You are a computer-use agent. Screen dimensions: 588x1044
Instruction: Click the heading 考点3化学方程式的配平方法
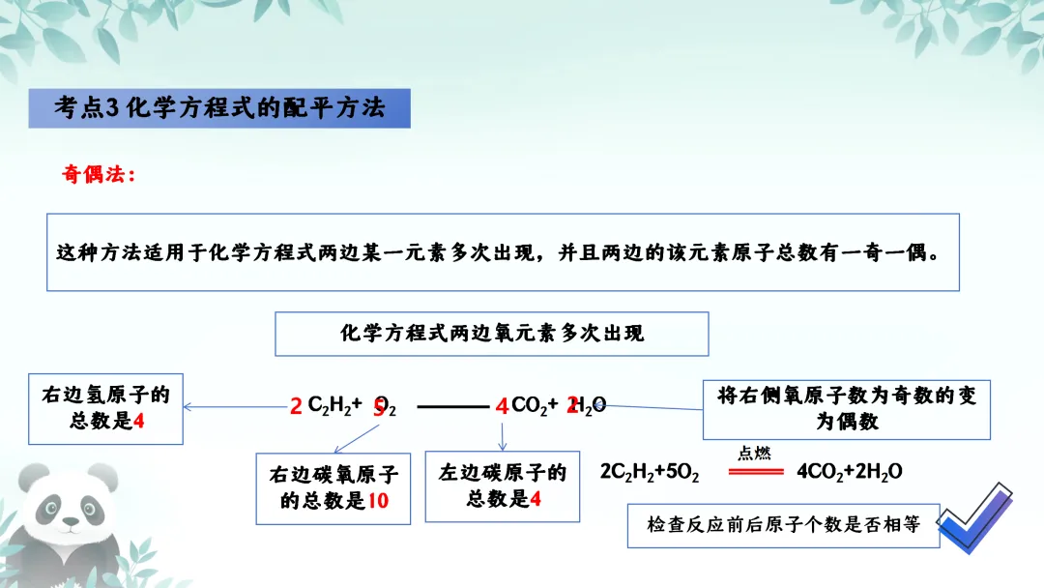point(219,108)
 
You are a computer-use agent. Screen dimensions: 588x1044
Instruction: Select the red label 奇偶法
point(98,175)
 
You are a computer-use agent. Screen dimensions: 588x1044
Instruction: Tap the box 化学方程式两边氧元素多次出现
point(492,334)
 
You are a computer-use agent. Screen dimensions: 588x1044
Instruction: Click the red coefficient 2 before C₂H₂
point(296,407)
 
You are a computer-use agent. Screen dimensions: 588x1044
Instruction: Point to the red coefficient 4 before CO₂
point(501,407)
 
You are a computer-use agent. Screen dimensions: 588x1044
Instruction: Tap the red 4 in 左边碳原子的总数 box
point(536,499)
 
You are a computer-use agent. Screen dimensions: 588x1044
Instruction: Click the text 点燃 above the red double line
point(755,453)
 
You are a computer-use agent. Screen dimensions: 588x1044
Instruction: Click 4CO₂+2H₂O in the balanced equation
point(849,472)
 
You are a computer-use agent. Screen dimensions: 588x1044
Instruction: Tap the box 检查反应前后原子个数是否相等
point(783,525)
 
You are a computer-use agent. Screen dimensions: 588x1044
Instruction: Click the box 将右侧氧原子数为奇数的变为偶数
point(846,409)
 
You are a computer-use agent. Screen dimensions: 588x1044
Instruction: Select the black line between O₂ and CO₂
point(452,407)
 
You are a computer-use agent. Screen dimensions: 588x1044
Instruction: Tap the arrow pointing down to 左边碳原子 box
point(503,437)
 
